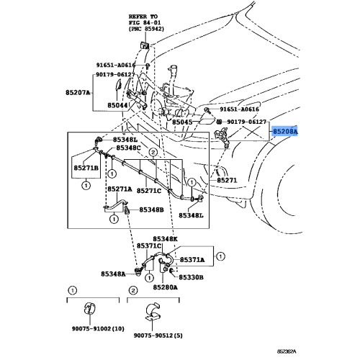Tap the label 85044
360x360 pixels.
[119, 105]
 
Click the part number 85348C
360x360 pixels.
[128, 148]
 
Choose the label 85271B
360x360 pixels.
[85, 168]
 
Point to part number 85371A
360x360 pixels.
[192, 259]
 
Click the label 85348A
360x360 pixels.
[113, 274]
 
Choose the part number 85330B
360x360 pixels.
[192, 276]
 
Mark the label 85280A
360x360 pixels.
[165, 287]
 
